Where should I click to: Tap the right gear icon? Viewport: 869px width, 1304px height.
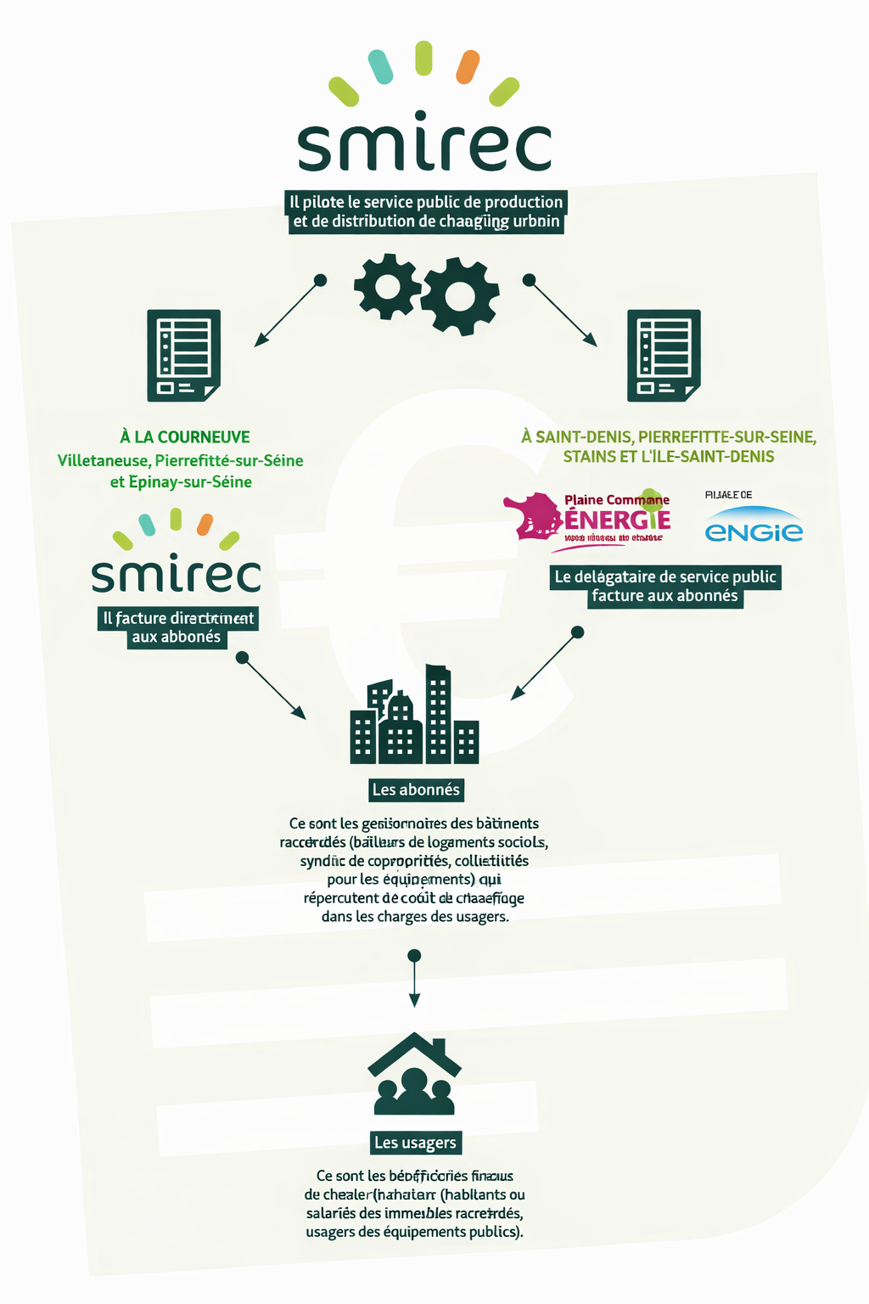[x=460, y=295]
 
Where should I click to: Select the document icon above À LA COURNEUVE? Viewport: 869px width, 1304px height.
[x=183, y=355]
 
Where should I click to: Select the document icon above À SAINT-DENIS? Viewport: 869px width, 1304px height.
[x=664, y=355]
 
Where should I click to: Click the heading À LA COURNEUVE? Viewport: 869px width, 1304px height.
[x=185, y=437]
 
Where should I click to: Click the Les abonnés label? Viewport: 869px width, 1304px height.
[x=416, y=790]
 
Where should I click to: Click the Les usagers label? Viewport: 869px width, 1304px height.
[x=415, y=1143]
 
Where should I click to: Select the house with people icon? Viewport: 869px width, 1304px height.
[x=414, y=1074]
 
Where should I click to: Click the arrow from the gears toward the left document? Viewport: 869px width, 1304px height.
[x=289, y=312]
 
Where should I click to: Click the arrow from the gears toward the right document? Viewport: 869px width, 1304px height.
[x=562, y=312]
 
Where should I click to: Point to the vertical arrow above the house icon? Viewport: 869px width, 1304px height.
[x=414, y=981]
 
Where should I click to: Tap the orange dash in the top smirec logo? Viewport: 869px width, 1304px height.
[x=468, y=67]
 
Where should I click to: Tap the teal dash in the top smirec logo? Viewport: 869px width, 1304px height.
[x=380, y=67]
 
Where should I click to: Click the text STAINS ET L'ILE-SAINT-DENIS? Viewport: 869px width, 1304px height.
[x=669, y=457]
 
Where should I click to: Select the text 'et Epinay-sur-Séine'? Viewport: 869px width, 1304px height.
[x=181, y=482]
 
